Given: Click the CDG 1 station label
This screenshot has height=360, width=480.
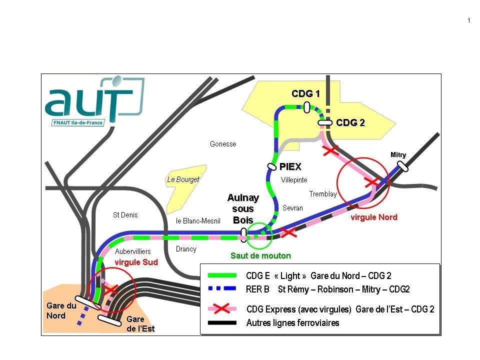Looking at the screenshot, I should pyautogui.click(x=305, y=94).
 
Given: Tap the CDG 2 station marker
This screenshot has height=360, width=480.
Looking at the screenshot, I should pyautogui.click(x=325, y=122).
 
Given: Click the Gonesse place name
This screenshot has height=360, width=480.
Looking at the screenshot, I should pyautogui.click(x=223, y=144).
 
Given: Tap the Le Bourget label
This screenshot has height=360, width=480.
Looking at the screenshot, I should pyautogui.click(x=183, y=179).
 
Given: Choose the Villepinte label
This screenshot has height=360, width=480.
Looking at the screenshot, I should pyautogui.click(x=294, y=180).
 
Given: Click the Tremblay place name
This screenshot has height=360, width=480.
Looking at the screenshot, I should pyautogui.click(x=323, y=194).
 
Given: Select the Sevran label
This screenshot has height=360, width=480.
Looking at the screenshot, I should pyautogui.click(x=292, y=208).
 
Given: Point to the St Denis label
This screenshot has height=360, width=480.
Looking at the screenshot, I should pyautogui.click(x=125, y=215).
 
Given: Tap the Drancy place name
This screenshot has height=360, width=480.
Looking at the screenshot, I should pyautogui.click(x=186, y=249).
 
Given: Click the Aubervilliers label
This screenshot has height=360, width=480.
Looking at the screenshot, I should pyautogui.click(x=132, y=251).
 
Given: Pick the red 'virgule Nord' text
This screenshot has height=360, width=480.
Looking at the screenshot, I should pyautogui.click(x=374, y=217).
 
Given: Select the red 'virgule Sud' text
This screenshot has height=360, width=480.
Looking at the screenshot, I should pyautogui.click(x=136, y=262).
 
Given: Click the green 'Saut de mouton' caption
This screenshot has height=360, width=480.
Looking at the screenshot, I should pyautogui.click(x=260, y=255).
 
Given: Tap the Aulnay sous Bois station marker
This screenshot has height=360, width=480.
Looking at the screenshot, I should pyautogui.click(x=243, y=234).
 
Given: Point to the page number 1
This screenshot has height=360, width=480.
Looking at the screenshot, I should pyautogui.click(x=468, y=20).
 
